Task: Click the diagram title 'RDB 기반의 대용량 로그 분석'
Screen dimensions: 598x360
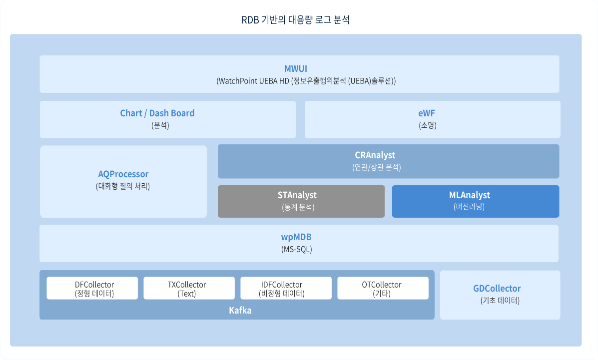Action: click(296, 20)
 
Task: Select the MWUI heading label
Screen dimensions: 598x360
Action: click(296, 68)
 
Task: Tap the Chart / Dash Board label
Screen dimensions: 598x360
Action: click(157, 113)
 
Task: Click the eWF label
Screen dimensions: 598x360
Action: click(426, 113)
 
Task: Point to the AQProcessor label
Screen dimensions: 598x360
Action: click(123, 174)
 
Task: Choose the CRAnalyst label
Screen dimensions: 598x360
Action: click(375, 155)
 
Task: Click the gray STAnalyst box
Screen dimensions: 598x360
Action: click(301, 201)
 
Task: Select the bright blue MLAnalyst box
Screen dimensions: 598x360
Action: click(476, 201)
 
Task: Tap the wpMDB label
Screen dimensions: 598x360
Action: click(296, 237)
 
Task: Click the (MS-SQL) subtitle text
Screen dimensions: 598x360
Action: click(297, 250)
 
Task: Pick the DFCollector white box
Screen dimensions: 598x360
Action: click(92, 288)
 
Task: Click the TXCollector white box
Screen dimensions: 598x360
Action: click(189, 288)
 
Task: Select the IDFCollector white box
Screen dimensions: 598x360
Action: click(286, 288)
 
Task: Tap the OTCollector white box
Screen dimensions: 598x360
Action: click(383, 288)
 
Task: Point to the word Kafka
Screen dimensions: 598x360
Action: click(240, 311)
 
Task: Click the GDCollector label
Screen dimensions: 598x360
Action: click(497, 289)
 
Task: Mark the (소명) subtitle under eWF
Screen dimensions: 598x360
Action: click(428, 125)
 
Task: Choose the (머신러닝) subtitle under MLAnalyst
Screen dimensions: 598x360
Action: click(469, 207)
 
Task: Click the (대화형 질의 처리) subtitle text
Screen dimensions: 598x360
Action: click(123, 186)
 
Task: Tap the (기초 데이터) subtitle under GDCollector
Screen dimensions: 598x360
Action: click(500, 301)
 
